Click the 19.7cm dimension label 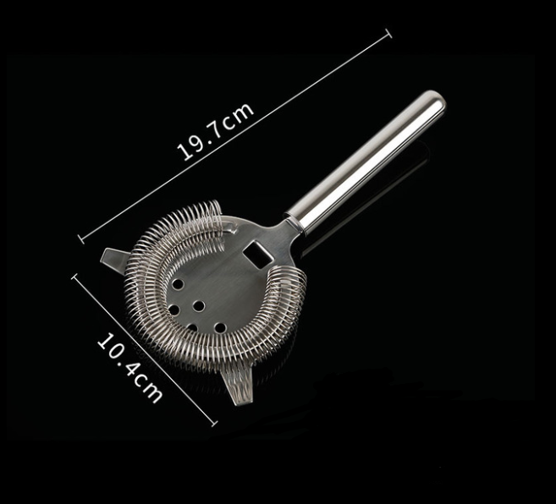pos(215,131)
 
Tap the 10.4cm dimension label pos(129,368)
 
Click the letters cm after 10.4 pos(150,390)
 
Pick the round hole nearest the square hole pos(178,283)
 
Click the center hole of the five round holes pos(200,306)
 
